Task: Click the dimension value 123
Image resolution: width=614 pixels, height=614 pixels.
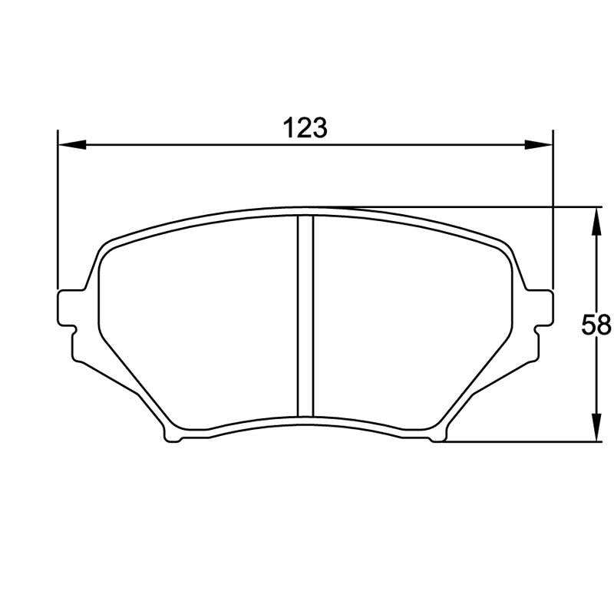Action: pyautogui.click(x=305, y=127)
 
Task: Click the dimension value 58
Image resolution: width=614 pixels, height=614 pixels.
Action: pyautogui.click(x=596, y=325)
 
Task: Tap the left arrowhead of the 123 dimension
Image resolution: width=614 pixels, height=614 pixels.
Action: pyautogui.click(x=71, y=144)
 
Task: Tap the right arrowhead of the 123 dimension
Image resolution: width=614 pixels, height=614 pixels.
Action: pyautogui.click(x=539, y=144)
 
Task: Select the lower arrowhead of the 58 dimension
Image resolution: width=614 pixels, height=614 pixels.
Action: pyautogui.click(x=595, y=427)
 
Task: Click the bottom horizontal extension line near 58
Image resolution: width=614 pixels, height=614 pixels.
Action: pyautogui.click(x=522, y=442)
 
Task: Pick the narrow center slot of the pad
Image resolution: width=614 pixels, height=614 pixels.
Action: pyautogui.click(x=305, y=315)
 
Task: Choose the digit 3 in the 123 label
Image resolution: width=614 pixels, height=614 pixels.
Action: pyautogui.click(x=319, y=127)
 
